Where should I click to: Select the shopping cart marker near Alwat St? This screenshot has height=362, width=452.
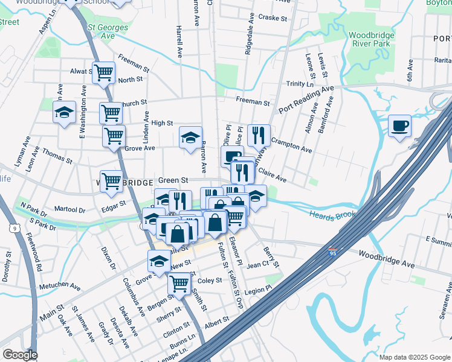[104, 73]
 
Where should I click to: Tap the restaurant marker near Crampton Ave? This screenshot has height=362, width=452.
[259, 135]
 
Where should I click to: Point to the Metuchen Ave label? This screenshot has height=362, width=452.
[60, 286]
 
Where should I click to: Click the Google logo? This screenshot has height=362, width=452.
[20, 355]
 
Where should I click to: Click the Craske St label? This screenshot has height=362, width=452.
[273, 18]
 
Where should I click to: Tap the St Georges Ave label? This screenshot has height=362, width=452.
[108, 31]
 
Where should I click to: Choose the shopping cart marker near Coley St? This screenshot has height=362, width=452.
[179, 282]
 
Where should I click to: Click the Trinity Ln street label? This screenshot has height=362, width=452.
[300, 84]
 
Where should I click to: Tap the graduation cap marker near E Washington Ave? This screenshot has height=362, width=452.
[65, 112]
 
